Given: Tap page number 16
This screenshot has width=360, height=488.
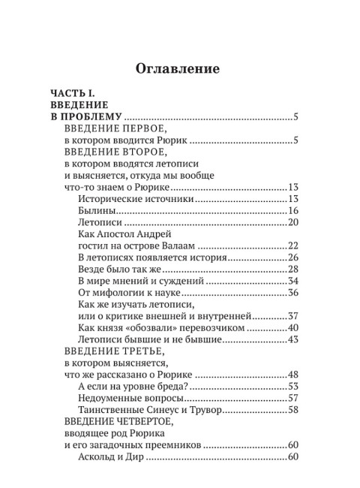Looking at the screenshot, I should click(293, 210).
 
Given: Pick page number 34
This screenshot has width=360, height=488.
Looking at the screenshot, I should click(293, 281).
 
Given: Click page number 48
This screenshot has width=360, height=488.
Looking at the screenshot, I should click(293, 375).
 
